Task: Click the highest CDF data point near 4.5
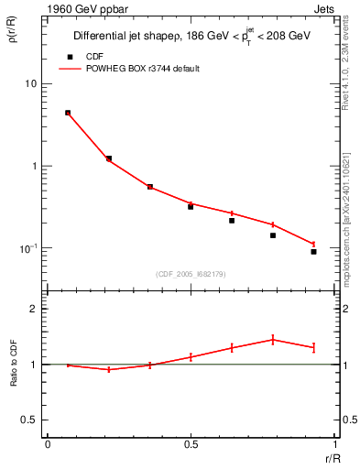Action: (68, 113)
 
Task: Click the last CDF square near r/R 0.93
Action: (313, 251)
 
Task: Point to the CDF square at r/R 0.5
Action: (191, 206)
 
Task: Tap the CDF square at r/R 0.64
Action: (232, 220)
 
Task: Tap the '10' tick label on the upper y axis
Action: (30, 84)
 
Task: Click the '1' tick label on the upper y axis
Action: (33, 167)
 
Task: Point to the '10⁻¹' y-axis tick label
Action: (27, 248)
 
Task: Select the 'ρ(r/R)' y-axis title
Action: (13, 33)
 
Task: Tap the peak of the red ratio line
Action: (273, 339)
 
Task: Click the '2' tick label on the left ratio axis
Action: (34, 310)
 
